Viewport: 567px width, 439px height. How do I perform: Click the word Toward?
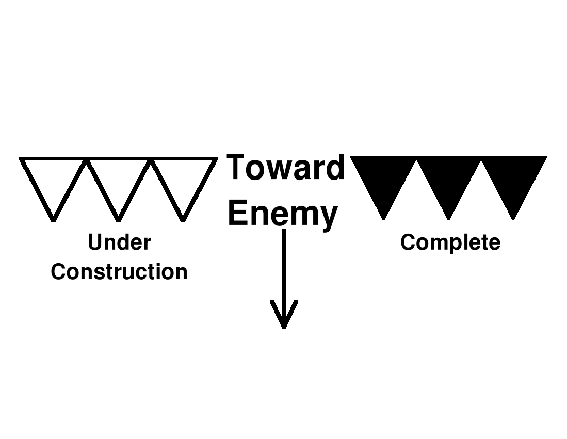tap(285, 168)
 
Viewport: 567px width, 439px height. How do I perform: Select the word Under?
tap(119, 242)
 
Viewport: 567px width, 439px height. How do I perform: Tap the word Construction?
tap(119, 272)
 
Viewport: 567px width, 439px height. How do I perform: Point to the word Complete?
tap(450, 242)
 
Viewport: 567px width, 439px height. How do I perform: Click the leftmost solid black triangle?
tap(383, 181)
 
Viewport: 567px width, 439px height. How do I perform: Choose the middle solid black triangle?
tap(448, 181)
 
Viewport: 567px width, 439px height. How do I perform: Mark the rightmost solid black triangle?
tap(513, 181)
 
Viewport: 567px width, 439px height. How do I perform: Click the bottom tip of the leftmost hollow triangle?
tap(53, 219)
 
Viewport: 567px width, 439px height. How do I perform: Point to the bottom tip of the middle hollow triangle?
tap(118, 219)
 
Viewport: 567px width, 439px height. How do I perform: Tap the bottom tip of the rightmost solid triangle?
tap(513, 218)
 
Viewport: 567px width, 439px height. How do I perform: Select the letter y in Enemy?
tap(328, 217)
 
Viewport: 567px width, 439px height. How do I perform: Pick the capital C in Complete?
tap(408, 242)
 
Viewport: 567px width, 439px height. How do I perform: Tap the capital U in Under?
tap(94, 242)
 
